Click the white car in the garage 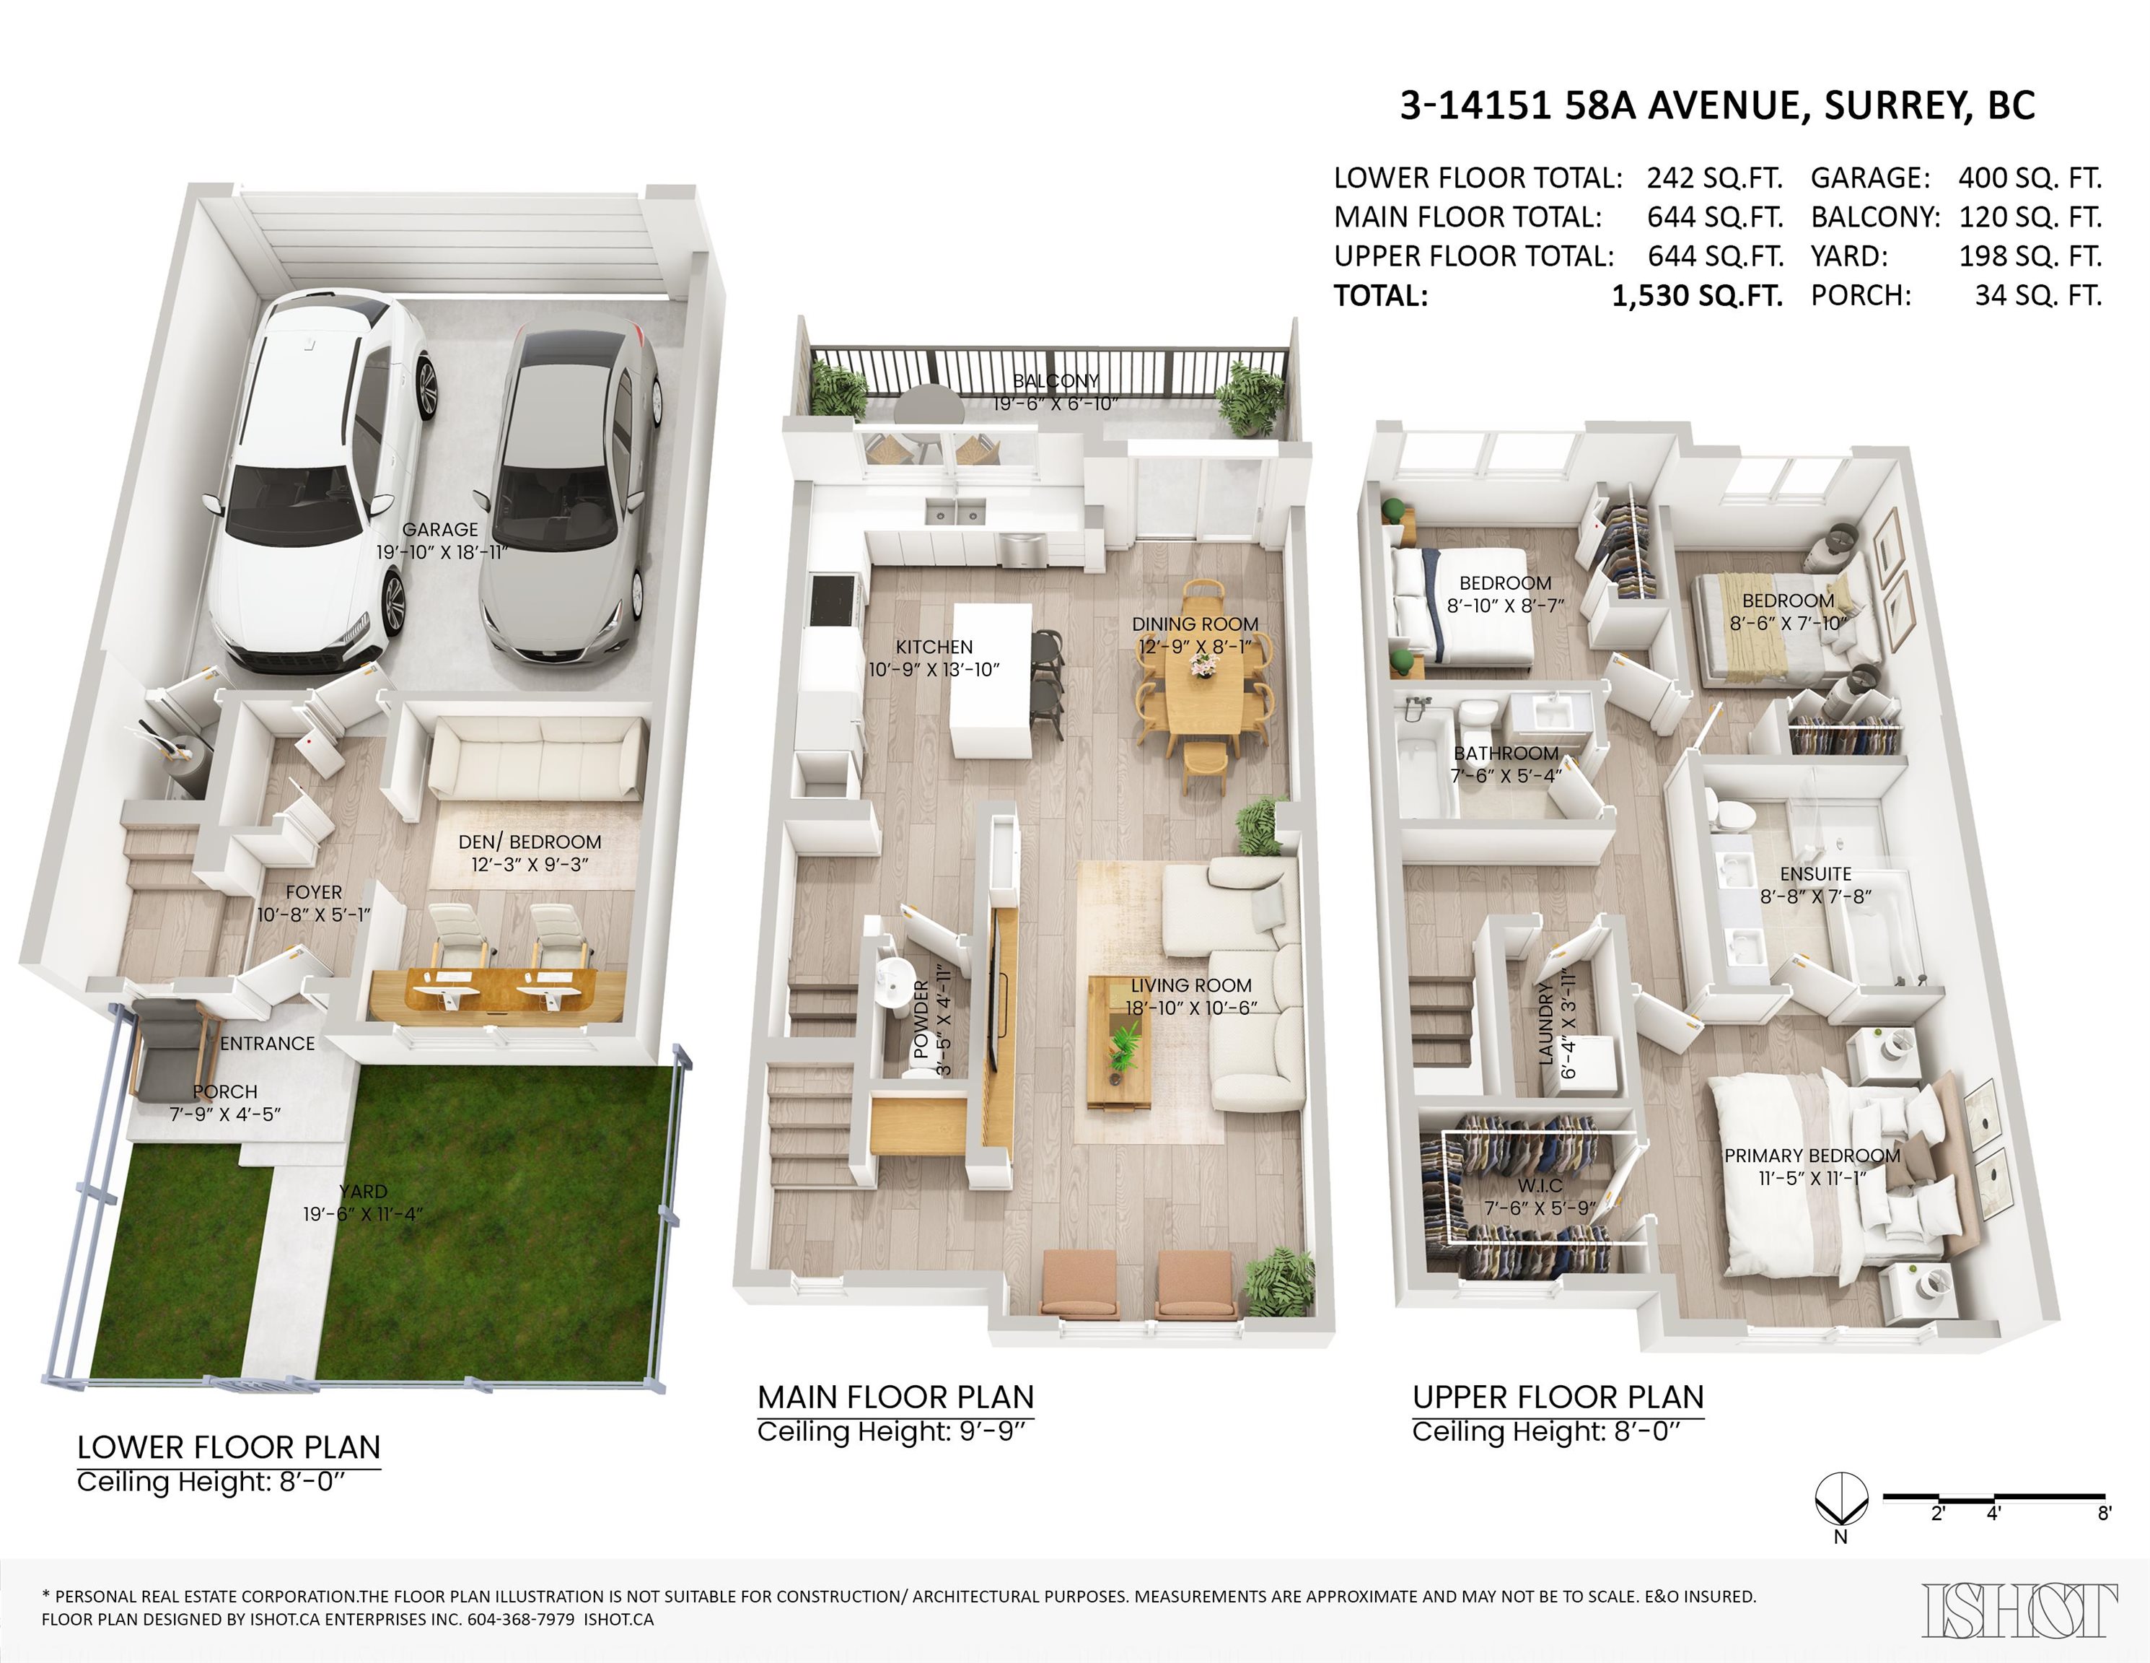point(315,482)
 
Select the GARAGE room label point(440,530)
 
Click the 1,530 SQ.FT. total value point(1696,295)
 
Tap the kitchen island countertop point(991,679)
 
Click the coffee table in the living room point(1119,1044)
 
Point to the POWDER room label point(921,1019)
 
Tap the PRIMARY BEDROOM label point(1812,1156)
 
